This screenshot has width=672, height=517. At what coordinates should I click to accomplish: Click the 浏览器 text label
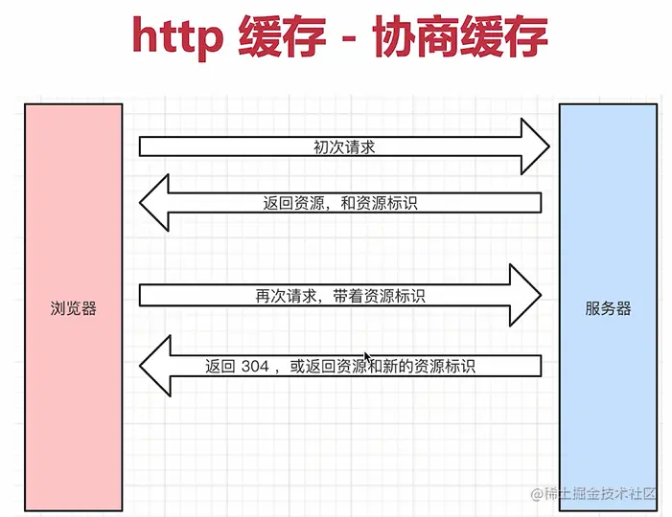coord(74,309)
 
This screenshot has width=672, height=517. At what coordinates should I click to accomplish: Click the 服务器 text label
coord(608,309)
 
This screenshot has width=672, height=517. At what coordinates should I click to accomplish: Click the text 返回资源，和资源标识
coord(339,203)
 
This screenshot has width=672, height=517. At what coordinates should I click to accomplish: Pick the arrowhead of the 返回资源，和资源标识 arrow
coord(155,203)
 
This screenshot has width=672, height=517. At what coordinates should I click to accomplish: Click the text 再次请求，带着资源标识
coord(334,296)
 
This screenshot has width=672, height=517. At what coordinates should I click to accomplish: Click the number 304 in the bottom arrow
coord(255,366)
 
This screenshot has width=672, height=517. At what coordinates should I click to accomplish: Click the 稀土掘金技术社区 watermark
coord(594,494)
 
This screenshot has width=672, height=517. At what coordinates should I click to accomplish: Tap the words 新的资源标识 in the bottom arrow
coord(430,366)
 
